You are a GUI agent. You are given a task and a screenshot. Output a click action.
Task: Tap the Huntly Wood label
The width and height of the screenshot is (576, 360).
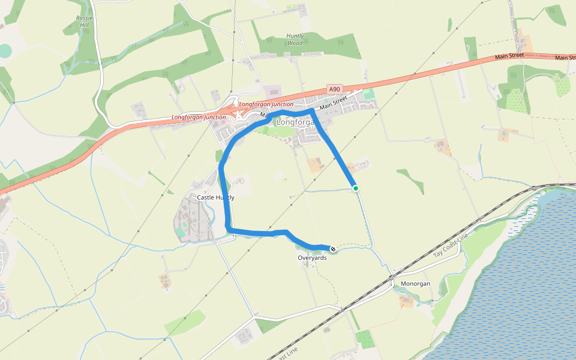click(x=295, y=40)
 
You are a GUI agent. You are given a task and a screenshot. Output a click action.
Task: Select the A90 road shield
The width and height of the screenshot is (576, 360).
click(x=335, y=89)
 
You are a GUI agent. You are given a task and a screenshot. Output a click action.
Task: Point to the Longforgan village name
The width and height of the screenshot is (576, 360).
click(x=295, y=122)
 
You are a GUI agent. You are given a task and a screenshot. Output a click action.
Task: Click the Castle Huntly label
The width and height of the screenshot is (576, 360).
click(x=215, y=197)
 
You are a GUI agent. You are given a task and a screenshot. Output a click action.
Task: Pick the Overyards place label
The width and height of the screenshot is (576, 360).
click(x=312, y=257)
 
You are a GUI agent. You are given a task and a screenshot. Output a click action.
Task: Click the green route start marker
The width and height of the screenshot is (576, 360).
click(x=356, y=188)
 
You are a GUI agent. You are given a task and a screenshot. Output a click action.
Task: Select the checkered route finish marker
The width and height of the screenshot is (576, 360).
click(x=333, y=248)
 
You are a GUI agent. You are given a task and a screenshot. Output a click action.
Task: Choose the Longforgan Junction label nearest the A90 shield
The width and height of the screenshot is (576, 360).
click(x=266, y=104)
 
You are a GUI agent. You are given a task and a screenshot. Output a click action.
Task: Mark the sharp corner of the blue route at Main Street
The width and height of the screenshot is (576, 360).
click(x=312, y=110)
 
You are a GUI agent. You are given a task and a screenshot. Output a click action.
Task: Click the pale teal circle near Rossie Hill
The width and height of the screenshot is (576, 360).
click(x=5, y=51)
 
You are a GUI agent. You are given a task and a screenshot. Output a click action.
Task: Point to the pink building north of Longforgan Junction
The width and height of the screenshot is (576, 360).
click(x=272, y=92)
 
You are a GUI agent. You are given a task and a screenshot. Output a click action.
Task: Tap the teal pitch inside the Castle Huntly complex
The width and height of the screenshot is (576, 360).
click(x=181, y=231)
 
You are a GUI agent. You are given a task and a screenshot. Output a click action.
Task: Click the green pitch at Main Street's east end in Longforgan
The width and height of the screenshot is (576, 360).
click(x=368, y=94)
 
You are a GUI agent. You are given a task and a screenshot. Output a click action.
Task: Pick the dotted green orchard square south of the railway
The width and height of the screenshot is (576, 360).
click(x=364, y=338)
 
